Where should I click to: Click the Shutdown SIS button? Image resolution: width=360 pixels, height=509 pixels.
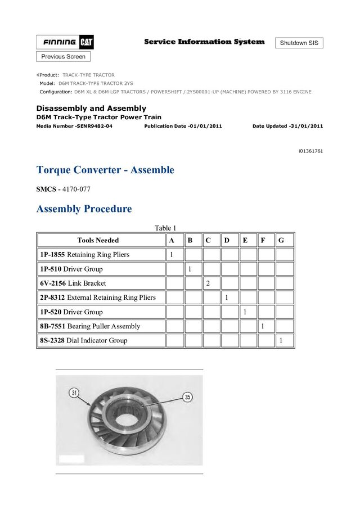299,43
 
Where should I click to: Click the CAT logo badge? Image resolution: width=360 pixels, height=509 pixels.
87,42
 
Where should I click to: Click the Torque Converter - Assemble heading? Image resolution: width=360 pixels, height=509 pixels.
105,170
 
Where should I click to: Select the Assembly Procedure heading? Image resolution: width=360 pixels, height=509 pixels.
84,209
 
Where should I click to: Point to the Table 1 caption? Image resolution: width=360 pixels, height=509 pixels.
165,228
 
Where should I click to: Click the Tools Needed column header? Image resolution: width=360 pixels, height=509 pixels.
98,241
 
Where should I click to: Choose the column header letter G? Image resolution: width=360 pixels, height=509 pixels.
281,241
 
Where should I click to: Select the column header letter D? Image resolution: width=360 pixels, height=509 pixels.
227,241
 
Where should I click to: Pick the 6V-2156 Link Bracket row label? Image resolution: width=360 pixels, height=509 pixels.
73,283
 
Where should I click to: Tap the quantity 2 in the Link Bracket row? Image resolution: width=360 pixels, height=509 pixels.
208,283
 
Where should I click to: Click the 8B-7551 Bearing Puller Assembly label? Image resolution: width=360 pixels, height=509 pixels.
90,326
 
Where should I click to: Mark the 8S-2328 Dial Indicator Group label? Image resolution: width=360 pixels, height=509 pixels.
83,340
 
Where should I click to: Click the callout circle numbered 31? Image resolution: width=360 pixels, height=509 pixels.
74,393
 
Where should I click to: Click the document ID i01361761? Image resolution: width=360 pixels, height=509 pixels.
310,151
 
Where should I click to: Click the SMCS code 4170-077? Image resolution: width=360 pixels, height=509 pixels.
76,190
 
